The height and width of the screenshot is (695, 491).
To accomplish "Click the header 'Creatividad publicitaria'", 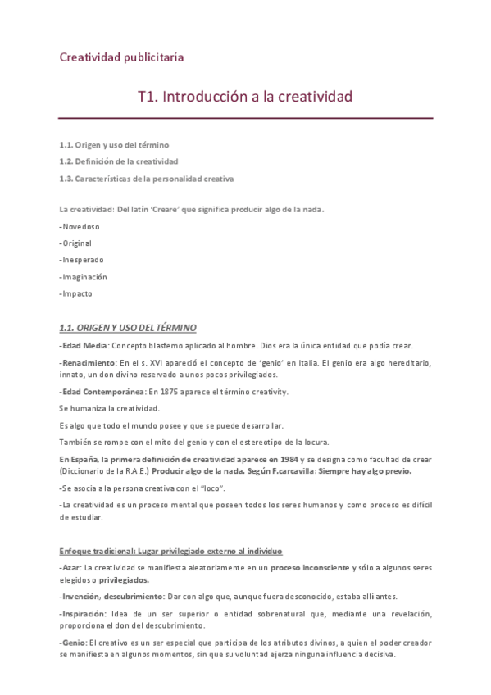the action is [x=121, y=57].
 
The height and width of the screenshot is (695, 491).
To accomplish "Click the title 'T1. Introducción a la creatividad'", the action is [x=245, y=97].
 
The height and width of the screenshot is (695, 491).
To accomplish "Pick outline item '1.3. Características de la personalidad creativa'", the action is [x=146, y=178].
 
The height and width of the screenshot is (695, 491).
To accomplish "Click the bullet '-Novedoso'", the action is [x=77, y=225].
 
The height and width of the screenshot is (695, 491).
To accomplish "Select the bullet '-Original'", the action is [x=75, y=243].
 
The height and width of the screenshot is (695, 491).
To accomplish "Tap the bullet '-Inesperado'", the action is [x=80, y=260].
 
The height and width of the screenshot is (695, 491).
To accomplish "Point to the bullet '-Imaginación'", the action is [x=83, y=277].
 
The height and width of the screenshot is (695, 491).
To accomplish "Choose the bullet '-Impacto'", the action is [x=75, y=293].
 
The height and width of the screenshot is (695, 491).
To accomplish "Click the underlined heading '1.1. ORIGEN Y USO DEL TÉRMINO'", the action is [x=127, y=328].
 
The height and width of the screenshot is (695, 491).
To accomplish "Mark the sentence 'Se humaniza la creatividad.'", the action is [x=109, y=408].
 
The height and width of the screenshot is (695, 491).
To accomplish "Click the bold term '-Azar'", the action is [x=70, y=567].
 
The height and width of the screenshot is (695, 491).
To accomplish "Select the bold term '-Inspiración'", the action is [x=83, y=613].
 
